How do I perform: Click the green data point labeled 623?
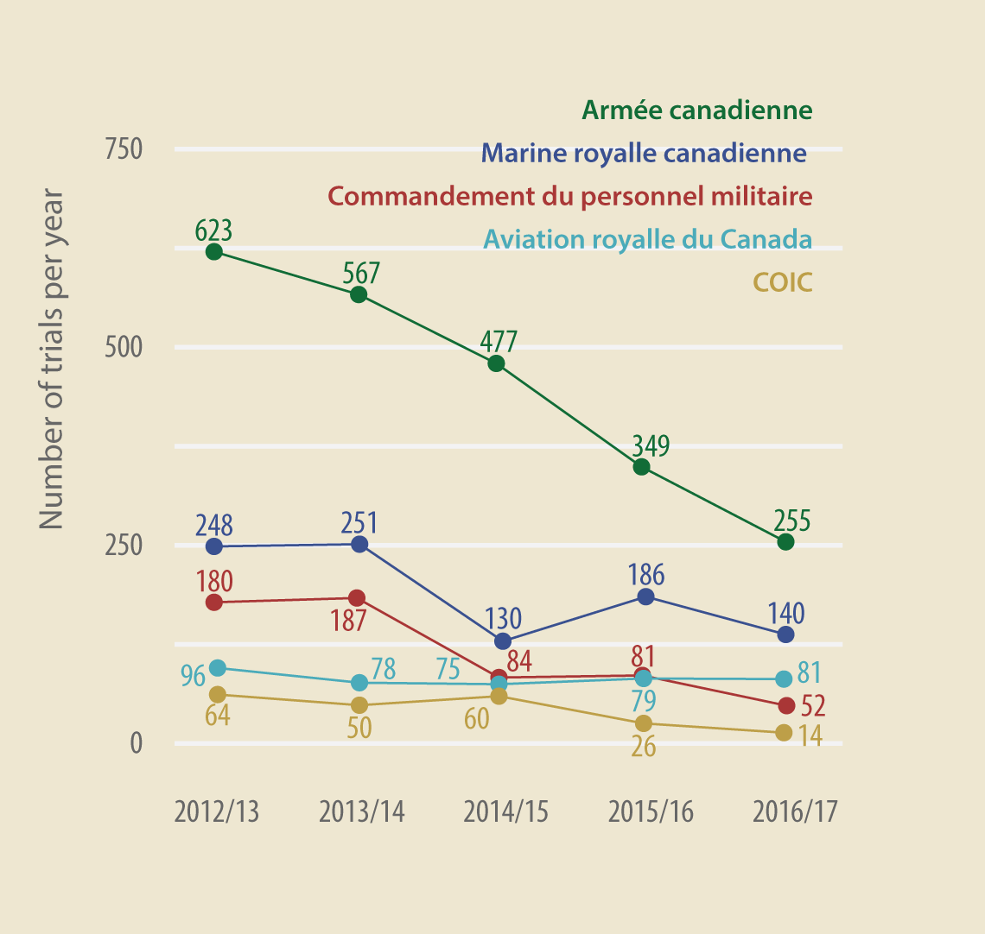(214, 252)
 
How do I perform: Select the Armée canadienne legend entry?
(696, 110)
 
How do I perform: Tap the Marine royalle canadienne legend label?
(644, 154)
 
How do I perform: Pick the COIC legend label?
(783, 282)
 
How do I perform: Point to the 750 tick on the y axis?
(124, 149)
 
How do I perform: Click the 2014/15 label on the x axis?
(505, 812)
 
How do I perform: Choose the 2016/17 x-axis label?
(795, 812)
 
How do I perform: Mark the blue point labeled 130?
(503, 641)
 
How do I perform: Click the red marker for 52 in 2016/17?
(785, 706)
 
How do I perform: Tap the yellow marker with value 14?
(784, 733)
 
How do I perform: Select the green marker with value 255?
(785, 542)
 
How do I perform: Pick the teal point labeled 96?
(218, 668)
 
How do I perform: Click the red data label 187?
(349, 621)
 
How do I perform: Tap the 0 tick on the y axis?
(136, 743)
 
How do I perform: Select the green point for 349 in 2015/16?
(641, 467)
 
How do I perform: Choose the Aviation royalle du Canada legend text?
(647, 239)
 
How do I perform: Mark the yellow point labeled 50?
(359, 705)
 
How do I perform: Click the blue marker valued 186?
(645, 596)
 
